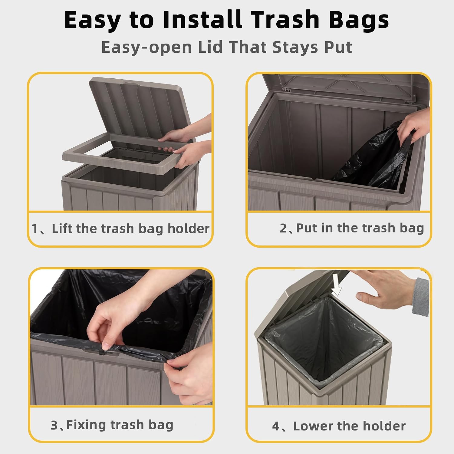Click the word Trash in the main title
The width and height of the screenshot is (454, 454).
(x=285, y=20)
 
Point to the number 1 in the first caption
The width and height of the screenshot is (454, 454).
(x=35, y=229)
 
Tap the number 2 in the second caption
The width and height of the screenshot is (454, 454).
(x=283, y=228)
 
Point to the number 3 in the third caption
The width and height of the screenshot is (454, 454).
(x=54, y=425)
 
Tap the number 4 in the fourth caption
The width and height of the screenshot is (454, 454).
(x=276, y=426)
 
